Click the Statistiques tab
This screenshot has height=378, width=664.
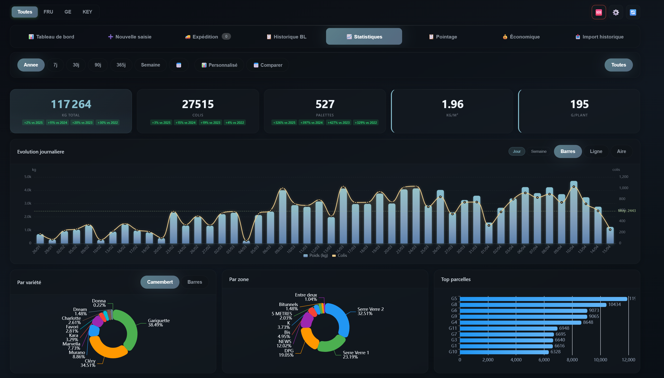pos(364,37)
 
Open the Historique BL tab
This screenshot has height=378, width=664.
pos(286,37)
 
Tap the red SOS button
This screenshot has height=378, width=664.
pos(599,12)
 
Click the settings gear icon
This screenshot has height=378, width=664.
pos(616,12)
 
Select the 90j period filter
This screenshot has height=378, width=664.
pos(98,65)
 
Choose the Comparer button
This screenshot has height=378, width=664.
pos(268,65)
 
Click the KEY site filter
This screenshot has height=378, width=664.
pos(87,12)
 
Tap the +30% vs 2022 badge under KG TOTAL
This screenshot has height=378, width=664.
pos(107,123)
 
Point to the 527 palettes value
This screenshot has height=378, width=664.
pos(325,104)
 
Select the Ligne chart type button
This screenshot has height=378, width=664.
pos(596,151)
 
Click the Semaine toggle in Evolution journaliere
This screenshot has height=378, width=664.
pos(539,151)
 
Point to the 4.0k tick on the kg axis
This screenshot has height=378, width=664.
pos(28,190)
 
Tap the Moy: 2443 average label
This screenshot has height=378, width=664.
pos(627,211)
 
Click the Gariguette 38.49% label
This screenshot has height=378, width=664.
pos(159,323)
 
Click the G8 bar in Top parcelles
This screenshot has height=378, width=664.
pos(532,305)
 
